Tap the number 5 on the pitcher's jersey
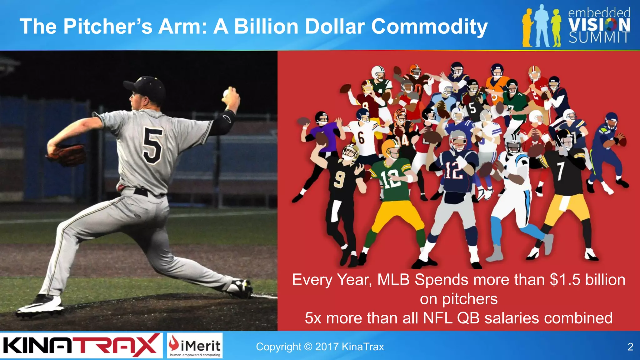(153, 145)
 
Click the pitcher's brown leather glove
(67, 154)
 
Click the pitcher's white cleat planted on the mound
(40, 305)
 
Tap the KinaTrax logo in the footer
(81, 346)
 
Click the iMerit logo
(195, 345)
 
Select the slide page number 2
(630, 347)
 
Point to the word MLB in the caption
(393, 280)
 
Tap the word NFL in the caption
(437, 318)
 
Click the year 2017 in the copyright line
(327, 347)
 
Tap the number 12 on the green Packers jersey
(390, 179)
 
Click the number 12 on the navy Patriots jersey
(453, 171)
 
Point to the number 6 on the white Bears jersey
(361, 138)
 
